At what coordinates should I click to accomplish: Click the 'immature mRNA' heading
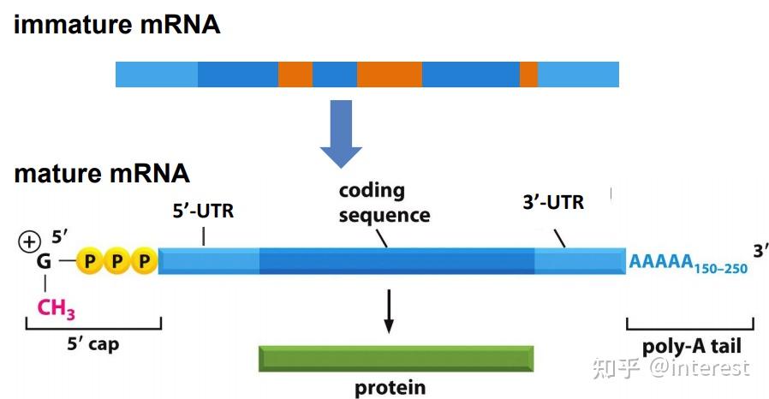[x=116, y=25]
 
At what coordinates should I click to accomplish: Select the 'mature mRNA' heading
[x=102, y=174]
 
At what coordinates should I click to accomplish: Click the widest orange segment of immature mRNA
[x=390, y=74]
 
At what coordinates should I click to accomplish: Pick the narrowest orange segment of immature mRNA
[x=528, y=74]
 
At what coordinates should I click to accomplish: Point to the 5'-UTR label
[x=203, y=211]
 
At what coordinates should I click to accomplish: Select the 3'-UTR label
[x=552, y=203]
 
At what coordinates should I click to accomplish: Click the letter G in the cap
[x=43, y=261]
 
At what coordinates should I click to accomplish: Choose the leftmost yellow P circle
[x=89, y=261]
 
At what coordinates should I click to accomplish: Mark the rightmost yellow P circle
[x=145, y=261]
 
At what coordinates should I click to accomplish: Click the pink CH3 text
[x=57, y=307]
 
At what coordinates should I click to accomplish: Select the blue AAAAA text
[x=659, y=261]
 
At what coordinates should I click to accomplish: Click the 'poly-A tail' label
[x=691, y=347]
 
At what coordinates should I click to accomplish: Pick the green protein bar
[x=396, y=358]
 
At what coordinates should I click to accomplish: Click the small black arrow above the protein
[x=389, y=312]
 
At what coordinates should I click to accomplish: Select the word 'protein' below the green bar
[x=390, y=388]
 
